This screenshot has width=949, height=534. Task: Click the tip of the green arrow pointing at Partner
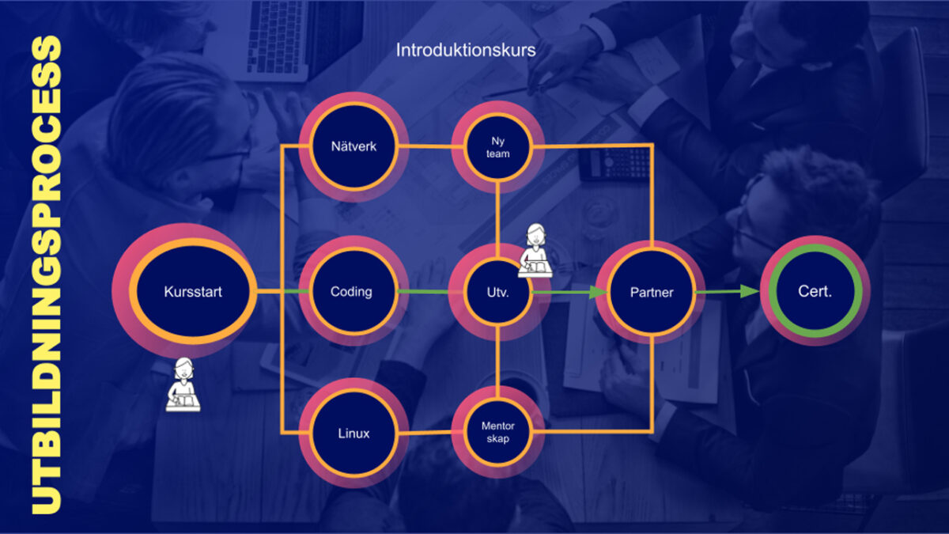click(609, 292)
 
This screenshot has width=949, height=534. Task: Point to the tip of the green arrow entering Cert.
click(760, 292)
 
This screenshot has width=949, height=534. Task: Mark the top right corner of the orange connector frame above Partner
click(652, 145)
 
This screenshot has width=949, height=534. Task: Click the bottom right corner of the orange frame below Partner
click(652, 432)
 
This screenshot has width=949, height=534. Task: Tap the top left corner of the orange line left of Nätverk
click(282, 146)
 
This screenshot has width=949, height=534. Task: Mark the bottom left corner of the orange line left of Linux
click(282, 433)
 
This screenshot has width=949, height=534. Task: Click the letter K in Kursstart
click(168, 292)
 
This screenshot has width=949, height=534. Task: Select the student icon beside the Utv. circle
click(535, 251)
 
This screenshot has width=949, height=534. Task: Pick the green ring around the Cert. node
click(815, 291)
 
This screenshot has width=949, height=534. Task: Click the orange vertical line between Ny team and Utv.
click(497, 218)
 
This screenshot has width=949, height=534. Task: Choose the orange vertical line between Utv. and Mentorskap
click(497, 363)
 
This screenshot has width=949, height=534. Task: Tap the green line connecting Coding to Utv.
click(424, 292)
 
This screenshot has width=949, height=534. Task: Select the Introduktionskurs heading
click(466, 50)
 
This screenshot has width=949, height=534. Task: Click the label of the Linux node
click(354, 434)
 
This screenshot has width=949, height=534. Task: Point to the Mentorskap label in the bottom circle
click(497, 432)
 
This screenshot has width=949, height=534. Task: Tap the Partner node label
click(652, 292)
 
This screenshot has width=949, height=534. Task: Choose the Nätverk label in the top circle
click(354, 146)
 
